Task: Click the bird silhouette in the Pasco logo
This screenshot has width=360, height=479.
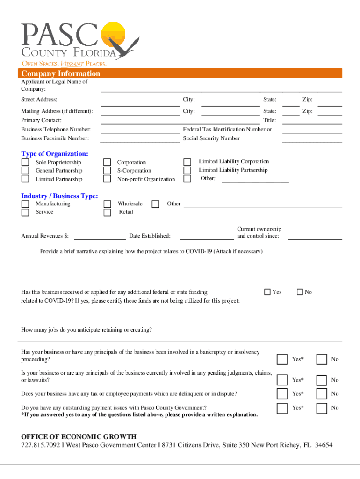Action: click(126, 47)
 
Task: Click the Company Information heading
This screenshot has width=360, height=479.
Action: click(60, 74)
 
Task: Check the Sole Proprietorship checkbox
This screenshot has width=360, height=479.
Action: click(25, 162)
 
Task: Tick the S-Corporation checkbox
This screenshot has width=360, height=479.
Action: click(107, 171)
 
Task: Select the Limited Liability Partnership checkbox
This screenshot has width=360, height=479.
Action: click(187, 170)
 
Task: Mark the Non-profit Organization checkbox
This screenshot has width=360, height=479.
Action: click(107, 179)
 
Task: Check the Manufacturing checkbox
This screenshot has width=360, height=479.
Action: click(25, 204)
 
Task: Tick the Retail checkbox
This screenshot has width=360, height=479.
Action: click(107, 212)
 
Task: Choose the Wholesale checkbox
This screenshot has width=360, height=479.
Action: click(107, 204)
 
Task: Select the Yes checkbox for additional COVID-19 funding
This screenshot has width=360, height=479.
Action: click(267, 292)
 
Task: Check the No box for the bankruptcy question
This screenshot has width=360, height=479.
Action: click(322, 359)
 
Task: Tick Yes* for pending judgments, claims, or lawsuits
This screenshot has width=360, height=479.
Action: click(282, 380)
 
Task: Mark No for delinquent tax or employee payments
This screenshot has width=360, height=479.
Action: click(322, 394)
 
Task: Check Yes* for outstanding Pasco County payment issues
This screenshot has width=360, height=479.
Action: click(282, 408)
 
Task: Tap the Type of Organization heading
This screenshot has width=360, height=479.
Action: click(55, 154)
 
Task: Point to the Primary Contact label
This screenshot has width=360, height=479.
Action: click(41, 120)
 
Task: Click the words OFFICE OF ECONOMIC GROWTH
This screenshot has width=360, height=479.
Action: click(79, 437)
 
